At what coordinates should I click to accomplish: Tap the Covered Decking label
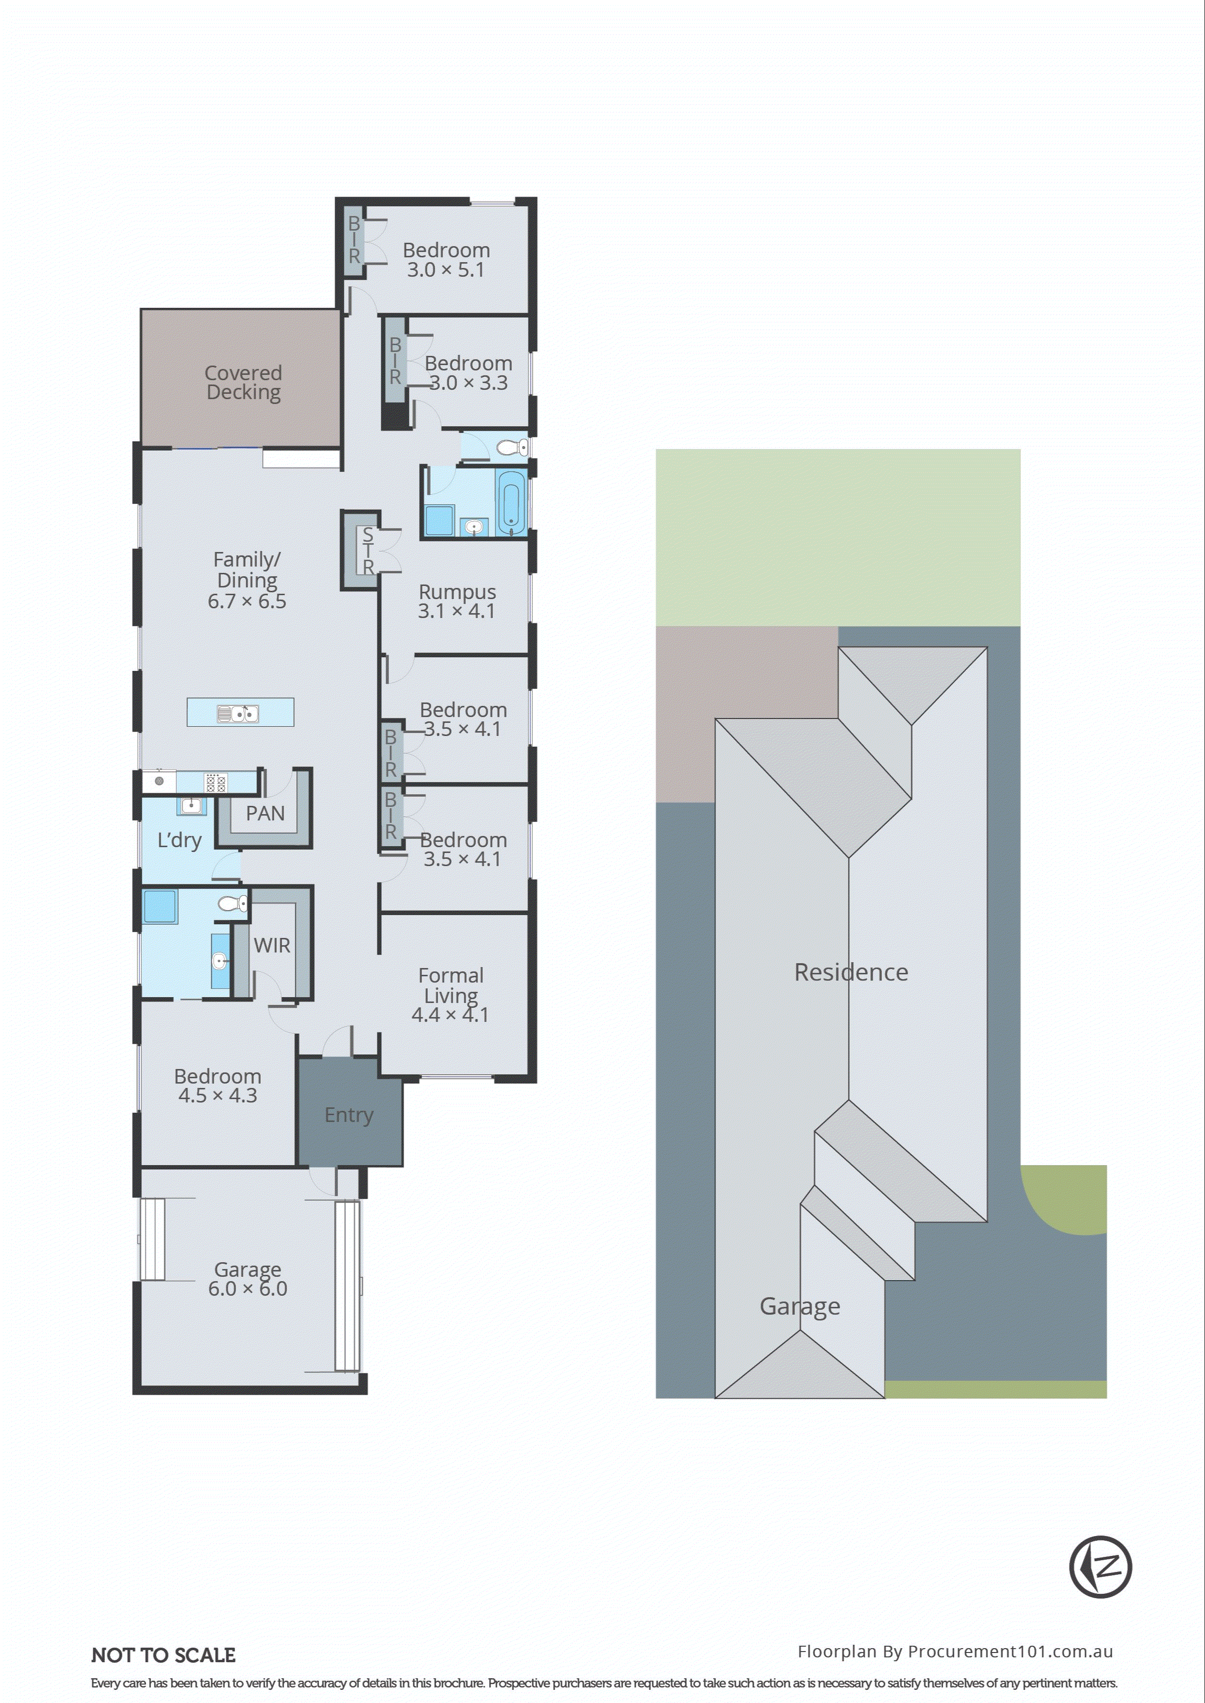pos(243,383)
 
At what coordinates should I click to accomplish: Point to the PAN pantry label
pos(265,814)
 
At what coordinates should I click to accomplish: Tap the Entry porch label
pos(349,1115)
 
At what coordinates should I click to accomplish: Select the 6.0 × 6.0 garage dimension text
pos(247,1289)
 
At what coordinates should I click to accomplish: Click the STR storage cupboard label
pos(367,551)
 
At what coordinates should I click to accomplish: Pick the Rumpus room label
pos(457,592)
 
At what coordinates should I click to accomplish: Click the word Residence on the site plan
pos(851,972)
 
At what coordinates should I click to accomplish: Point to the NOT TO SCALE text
pos(163,1655)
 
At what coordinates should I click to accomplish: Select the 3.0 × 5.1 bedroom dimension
pos(445,270)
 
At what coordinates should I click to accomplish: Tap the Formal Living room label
pos(450,985)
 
